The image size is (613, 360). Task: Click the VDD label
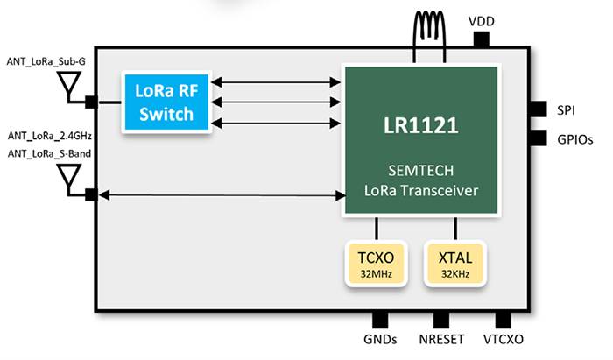click(481, 18)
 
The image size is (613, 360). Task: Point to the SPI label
click(566, 110)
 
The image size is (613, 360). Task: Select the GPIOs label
click(574, 138)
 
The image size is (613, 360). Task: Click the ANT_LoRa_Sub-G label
click(47, 60)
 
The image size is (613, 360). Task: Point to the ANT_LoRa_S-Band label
click(49, 155)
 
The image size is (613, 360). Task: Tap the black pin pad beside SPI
click(537, 109)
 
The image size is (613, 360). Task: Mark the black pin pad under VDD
click(481, 40)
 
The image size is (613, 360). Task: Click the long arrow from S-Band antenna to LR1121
click(220, 194)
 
